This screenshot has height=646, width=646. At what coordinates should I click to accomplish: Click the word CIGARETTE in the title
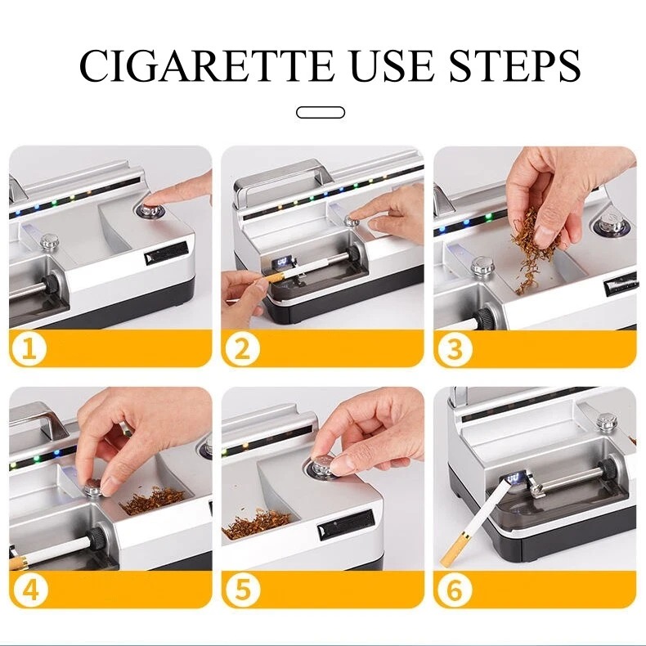(206, 65)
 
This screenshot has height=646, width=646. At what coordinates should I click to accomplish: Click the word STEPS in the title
(515, 65)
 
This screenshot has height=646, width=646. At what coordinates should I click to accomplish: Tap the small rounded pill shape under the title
(321, 113)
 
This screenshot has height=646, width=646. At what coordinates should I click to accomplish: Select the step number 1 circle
(29, 349)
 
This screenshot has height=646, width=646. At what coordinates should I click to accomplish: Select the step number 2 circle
(241, 349)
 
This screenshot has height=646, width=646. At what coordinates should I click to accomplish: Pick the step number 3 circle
(454, 349)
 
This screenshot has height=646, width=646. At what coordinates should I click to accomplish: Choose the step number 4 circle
(30, 590)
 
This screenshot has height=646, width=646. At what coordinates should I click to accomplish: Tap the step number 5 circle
(243, 590)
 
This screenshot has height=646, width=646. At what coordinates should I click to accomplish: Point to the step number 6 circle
(455, 590)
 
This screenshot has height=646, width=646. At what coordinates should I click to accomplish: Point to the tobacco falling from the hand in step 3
(530, 251)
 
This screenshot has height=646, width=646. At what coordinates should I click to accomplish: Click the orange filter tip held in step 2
(274, 277)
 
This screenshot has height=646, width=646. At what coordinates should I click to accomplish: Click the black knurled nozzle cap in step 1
(52, 284)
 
